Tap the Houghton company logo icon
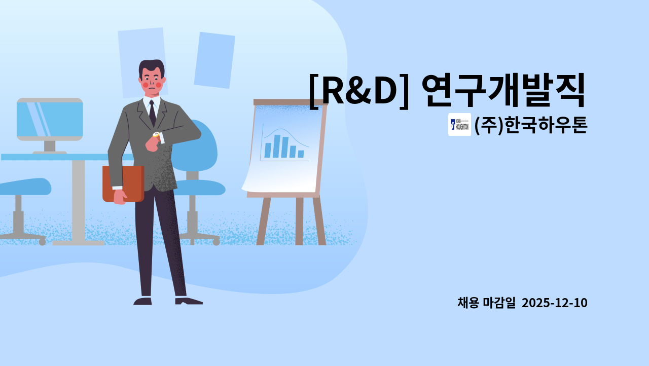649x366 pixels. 459,125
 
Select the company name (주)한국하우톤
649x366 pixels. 530,125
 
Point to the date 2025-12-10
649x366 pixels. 554,303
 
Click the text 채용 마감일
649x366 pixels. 486,303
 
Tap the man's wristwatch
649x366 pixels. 156,135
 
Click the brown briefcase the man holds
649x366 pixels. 123,184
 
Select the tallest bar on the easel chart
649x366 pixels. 276,146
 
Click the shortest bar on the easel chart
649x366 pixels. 301,154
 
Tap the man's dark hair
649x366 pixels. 152,66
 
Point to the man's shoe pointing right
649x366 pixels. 189,301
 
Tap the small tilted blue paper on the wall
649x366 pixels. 214,60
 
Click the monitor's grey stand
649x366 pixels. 50,147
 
